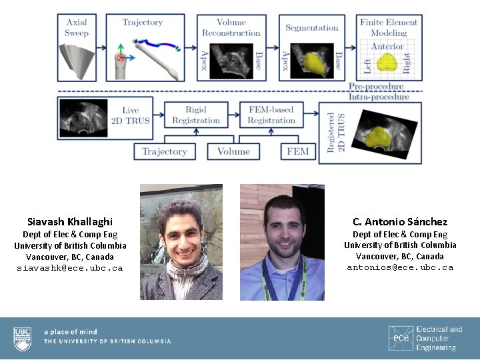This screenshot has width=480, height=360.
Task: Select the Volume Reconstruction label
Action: click(x=231, y=27)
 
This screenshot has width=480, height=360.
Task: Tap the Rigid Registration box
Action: click(x=195, y=115)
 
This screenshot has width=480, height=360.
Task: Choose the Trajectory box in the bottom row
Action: click(x=164, y=152)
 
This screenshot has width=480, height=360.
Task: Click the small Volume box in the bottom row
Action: click(x=233, y=152)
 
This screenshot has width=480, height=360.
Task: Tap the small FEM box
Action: click(x=297, y=152)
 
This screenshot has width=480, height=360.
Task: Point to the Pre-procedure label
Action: click(x=376, y=86)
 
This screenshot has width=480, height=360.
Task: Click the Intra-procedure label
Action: click(x=379, y=97)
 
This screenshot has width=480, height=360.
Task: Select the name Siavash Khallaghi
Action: click(x=70, y=221)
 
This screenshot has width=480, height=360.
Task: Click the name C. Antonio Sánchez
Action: click(x=400, y=221)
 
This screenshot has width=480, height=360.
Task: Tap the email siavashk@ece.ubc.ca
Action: click(x=70, y=268)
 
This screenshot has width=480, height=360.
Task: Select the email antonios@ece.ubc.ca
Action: click(x=400, y=267)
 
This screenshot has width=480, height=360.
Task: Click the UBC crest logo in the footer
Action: click(x=23, y=339)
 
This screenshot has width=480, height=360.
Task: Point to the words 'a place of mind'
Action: click(x=71, y=331)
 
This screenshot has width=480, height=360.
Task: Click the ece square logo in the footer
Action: click(x=401, y=338)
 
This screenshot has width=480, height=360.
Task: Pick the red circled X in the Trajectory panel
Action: click(x=121, y=58)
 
